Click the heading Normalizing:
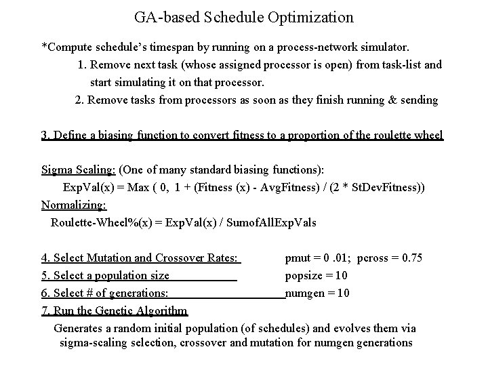(x=74, y=205)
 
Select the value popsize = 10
(x=317, y=275)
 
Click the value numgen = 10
(x=318, y=293)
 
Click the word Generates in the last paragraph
(x=79, y=328)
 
